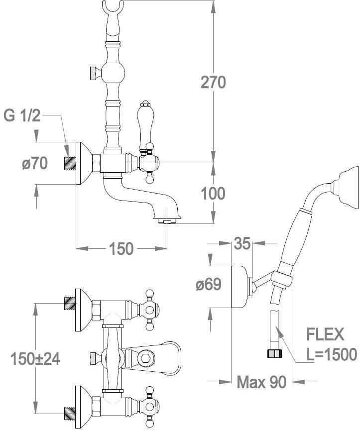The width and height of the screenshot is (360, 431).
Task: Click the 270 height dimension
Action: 214,82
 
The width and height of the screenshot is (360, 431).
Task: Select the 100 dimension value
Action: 213,193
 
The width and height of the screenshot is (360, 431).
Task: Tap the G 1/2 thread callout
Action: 21,116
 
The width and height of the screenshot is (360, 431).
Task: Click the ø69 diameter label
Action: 208,285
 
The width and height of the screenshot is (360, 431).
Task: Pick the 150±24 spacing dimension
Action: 36,358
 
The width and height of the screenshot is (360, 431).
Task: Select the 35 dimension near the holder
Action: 242,244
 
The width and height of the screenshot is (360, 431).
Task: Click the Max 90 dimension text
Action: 261,382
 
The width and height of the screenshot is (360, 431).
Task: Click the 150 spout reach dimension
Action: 120,247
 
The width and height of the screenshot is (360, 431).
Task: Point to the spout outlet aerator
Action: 168,221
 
